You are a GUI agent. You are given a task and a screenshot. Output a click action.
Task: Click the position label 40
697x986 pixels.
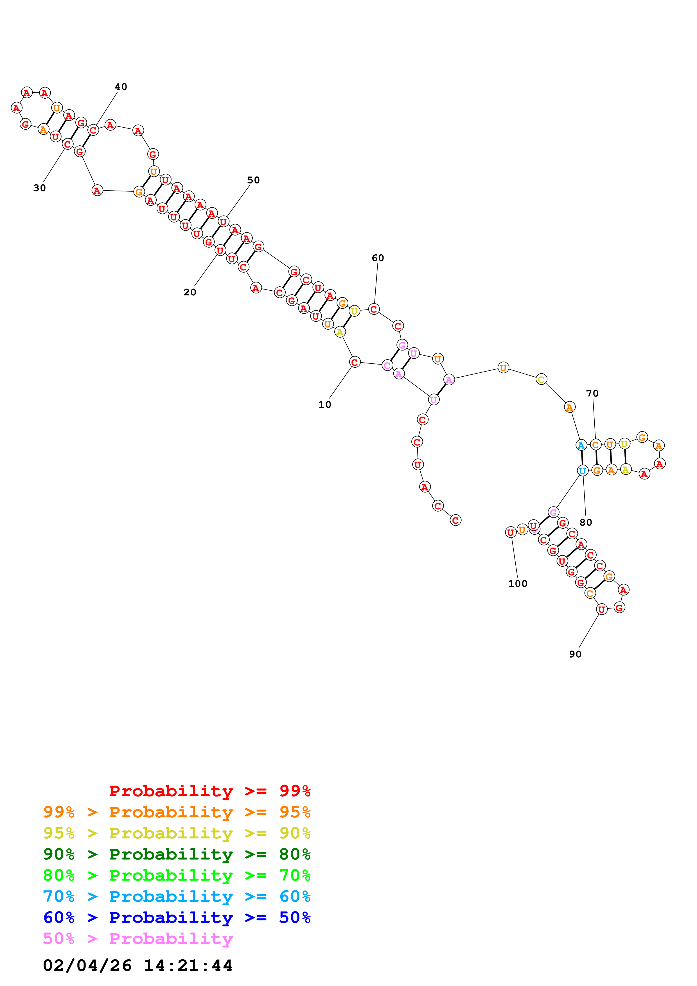click(x=121, y=87)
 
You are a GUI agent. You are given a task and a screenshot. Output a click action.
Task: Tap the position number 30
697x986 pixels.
click(x=40, y=188)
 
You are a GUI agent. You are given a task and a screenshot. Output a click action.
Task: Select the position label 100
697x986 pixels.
click(x=518, y=584)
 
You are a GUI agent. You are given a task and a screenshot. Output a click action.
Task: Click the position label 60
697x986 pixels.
click(x=378, y=258)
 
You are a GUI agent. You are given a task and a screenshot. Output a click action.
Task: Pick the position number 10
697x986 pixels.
click(x=325, y=404)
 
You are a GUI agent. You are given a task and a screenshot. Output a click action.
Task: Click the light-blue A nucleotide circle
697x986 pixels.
click(x=581, y=445)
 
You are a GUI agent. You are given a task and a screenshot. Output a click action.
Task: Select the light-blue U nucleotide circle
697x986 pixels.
click(x=582, y=471)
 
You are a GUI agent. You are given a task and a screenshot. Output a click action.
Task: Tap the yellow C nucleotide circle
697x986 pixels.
click(x=541, y=379)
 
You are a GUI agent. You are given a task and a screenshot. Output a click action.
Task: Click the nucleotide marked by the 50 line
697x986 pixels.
click(x=223, y=221)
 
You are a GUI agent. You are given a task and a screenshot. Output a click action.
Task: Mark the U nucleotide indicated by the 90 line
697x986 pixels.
click(x=602, y=609)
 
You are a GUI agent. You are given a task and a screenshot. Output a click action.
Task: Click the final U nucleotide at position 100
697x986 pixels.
click(x=510, y=533)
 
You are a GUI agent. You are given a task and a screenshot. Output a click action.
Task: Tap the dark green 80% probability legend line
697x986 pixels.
click(x=177, y=854)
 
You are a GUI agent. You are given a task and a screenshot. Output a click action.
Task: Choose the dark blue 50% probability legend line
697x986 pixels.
click(x=177, y=917)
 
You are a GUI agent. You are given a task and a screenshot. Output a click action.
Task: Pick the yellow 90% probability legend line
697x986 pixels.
click(x=177, y=833)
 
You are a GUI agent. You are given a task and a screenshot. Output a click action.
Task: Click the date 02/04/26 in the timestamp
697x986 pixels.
click(x=87, y=965)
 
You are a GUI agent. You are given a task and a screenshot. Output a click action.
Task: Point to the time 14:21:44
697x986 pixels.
click(x=188, y=965)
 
